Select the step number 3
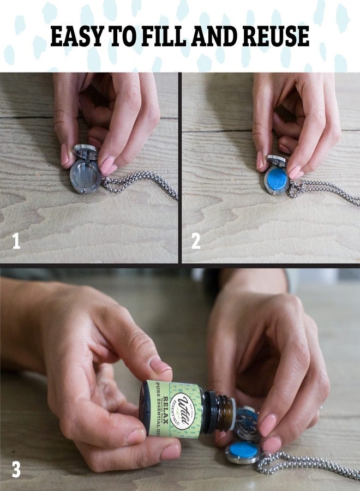pyautogui.click(x=16, y=469)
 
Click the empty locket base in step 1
pyautogui.click(x=85, y=176)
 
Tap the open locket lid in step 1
pyautogui.click(x=87, y=152)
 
